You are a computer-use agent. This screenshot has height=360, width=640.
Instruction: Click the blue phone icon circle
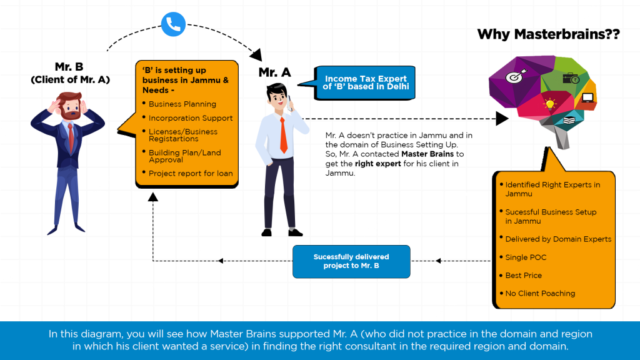point(173,24)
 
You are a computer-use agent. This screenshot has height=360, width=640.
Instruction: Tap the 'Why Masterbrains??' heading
point(548,34)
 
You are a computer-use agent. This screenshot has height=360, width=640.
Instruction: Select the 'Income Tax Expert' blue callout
point(366,82)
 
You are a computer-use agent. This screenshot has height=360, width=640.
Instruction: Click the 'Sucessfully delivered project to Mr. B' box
point(351,261)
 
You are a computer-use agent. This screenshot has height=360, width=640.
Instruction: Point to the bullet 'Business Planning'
point(182,104)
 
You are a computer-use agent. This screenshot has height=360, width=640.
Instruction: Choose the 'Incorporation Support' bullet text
point(190,118)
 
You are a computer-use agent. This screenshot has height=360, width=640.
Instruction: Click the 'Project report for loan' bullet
point(190,173)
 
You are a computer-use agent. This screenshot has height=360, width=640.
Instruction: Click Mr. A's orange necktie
point(283,134)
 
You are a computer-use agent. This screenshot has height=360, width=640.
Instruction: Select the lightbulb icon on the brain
point(550,104)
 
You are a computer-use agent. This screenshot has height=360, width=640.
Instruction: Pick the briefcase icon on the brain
point(571,78)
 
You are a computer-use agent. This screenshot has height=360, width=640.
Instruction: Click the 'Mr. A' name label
point(275,72)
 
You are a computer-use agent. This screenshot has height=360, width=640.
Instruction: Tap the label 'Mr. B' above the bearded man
point(69,66)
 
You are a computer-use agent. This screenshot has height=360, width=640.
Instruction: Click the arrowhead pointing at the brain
point(501,118)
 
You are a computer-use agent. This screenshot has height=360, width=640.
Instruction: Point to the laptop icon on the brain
point(587,97)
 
